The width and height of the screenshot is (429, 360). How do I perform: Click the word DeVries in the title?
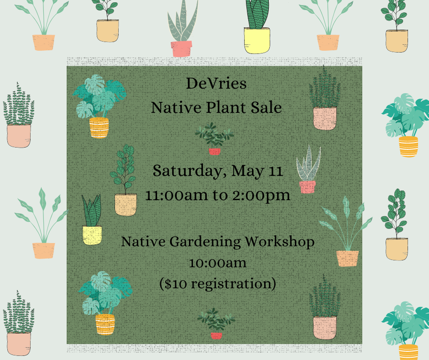coord(216,84)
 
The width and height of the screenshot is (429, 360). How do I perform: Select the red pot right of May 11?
coord(307,186)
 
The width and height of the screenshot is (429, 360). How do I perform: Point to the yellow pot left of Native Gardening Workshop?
coord(92,235)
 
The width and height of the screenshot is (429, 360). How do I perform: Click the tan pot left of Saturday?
coord(126,204)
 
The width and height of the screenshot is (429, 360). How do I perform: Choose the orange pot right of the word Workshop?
coord(347,258)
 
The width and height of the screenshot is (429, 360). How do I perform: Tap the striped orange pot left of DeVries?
coord(99,127)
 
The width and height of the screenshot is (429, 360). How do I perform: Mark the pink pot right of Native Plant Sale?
coord(324,118)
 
